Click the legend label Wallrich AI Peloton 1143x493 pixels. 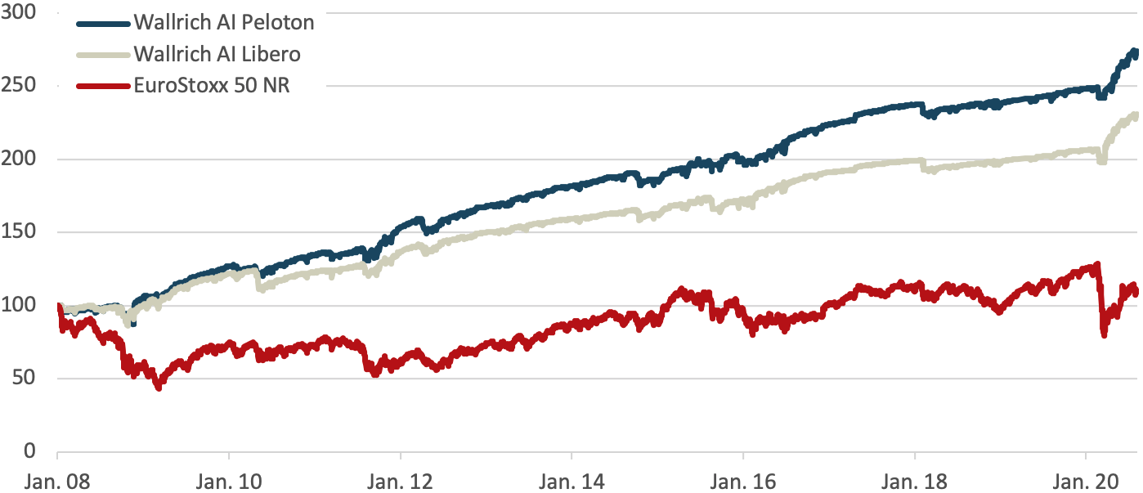[x=224, y=23]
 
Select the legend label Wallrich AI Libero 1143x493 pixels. [x=217, y=54]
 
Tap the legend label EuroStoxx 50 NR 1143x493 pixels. [x=212, y=85]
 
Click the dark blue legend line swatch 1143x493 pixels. [x=102, y=23]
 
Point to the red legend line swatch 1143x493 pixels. [x=102, y=85]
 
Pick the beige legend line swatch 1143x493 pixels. [x=102, y=54]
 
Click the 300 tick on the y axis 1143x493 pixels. [x=20, y=13]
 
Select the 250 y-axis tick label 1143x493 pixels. [x=20, y=86]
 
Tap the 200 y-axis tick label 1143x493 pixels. [x=20, y=159]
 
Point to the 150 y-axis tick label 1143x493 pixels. [x=20, y=232]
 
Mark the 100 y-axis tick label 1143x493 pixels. [x=20, y=305]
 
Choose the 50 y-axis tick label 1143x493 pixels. [x=25, y=378]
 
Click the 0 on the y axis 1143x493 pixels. [x=31, y=450]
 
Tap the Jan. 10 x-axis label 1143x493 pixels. [x=228, y=479]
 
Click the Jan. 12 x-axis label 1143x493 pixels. [x=400, y=479]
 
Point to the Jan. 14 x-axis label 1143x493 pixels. [x=571, y=479]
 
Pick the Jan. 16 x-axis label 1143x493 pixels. [x=742, y=479]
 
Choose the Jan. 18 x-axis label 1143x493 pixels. [x=914, y=479]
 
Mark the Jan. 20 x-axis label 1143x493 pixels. [x=1085, y=479]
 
